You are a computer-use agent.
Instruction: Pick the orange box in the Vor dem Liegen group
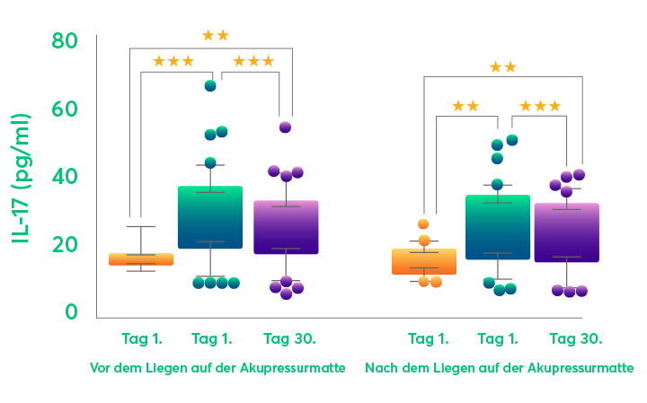point(141,259)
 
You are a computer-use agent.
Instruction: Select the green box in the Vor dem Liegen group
point(209,217)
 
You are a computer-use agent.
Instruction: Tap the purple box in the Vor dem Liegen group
point(286,227)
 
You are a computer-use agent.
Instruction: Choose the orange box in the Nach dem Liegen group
point(430,261)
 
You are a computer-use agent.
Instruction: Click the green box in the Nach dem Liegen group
point(497,227)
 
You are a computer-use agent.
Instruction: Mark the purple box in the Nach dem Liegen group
point(566,232)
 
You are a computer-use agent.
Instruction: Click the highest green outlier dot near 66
point(210,85)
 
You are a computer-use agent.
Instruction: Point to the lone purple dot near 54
point(285,127)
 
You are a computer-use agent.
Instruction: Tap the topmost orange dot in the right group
point(423,224)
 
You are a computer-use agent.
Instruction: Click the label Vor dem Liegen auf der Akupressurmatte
point(217,369)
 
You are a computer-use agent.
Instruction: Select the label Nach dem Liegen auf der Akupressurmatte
point(499,369)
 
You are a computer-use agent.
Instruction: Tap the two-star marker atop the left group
point(216,36)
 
